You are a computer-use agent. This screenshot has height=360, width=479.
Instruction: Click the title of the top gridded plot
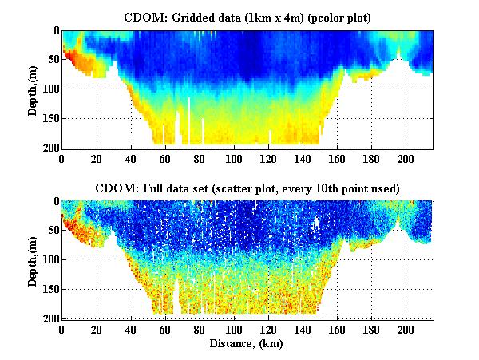pyautogui.click(x=247, y=17)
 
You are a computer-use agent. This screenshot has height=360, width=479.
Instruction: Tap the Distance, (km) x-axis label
pyautogui.click(x=247, y=344)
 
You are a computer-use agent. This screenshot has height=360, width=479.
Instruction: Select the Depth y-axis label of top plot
pyautogui.click(x=33, y=89)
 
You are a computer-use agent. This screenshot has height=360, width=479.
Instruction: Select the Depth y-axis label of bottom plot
pyautogui.click(x=33, y=259)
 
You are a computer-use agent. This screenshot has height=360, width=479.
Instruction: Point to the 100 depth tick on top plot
pyautogui.click(x=49, y=89)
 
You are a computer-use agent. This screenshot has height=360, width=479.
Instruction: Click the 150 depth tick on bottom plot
pyautogui.click(x=49, y=290)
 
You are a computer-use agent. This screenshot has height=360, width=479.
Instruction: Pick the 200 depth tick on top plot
pyautogui.click(x=49, y=148)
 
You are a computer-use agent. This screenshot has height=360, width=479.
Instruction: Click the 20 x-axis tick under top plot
pyautogui.click(x=97, y=158)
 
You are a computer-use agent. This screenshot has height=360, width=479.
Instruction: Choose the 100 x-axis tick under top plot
pyautogui.click(x=234, y=158)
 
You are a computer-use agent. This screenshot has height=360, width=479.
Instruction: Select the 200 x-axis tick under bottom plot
pyautogui.click(x=406, y=329)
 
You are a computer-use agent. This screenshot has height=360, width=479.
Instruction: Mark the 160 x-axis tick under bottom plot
pyautogui.click(x=337, y=329)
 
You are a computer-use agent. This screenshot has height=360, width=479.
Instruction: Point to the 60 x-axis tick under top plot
pyautogui.click(x=165, y=158)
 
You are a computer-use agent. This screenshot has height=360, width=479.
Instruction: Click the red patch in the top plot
pyautogui.click(x=71, y=57)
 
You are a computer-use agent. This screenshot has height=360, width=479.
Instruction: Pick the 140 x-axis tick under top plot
pyautogui.click(x=303, y=158)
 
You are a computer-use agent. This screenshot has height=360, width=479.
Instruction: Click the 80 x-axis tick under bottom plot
pyautogui.click(x=200, y=329)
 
